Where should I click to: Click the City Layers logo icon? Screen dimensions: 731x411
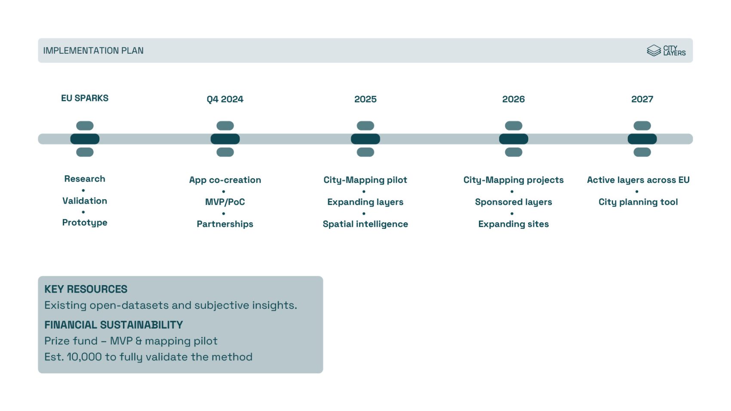654,51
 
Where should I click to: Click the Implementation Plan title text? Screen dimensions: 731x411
93,51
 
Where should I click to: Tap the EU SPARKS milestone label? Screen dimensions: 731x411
85,98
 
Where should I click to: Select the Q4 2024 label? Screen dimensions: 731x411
225,99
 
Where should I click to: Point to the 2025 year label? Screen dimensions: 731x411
365,99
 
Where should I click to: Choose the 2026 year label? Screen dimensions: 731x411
514,99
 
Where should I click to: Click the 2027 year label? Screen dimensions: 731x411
642,99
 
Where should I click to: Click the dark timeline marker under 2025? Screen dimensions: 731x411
365,139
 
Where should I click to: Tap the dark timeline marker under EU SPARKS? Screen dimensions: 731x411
85,139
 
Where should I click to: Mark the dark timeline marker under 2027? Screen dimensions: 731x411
642,139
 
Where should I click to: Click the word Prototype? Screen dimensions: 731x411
85,222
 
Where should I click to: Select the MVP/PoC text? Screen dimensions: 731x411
225,202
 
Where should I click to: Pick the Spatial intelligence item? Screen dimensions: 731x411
365,224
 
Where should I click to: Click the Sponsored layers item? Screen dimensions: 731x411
514,202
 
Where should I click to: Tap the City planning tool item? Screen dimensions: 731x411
638,202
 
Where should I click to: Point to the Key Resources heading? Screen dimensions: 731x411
86,289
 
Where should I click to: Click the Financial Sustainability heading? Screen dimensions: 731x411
114,325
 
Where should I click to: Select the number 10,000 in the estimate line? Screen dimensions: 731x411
84,357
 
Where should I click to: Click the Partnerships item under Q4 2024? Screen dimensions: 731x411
225,224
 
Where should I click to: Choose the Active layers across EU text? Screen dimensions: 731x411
638,180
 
